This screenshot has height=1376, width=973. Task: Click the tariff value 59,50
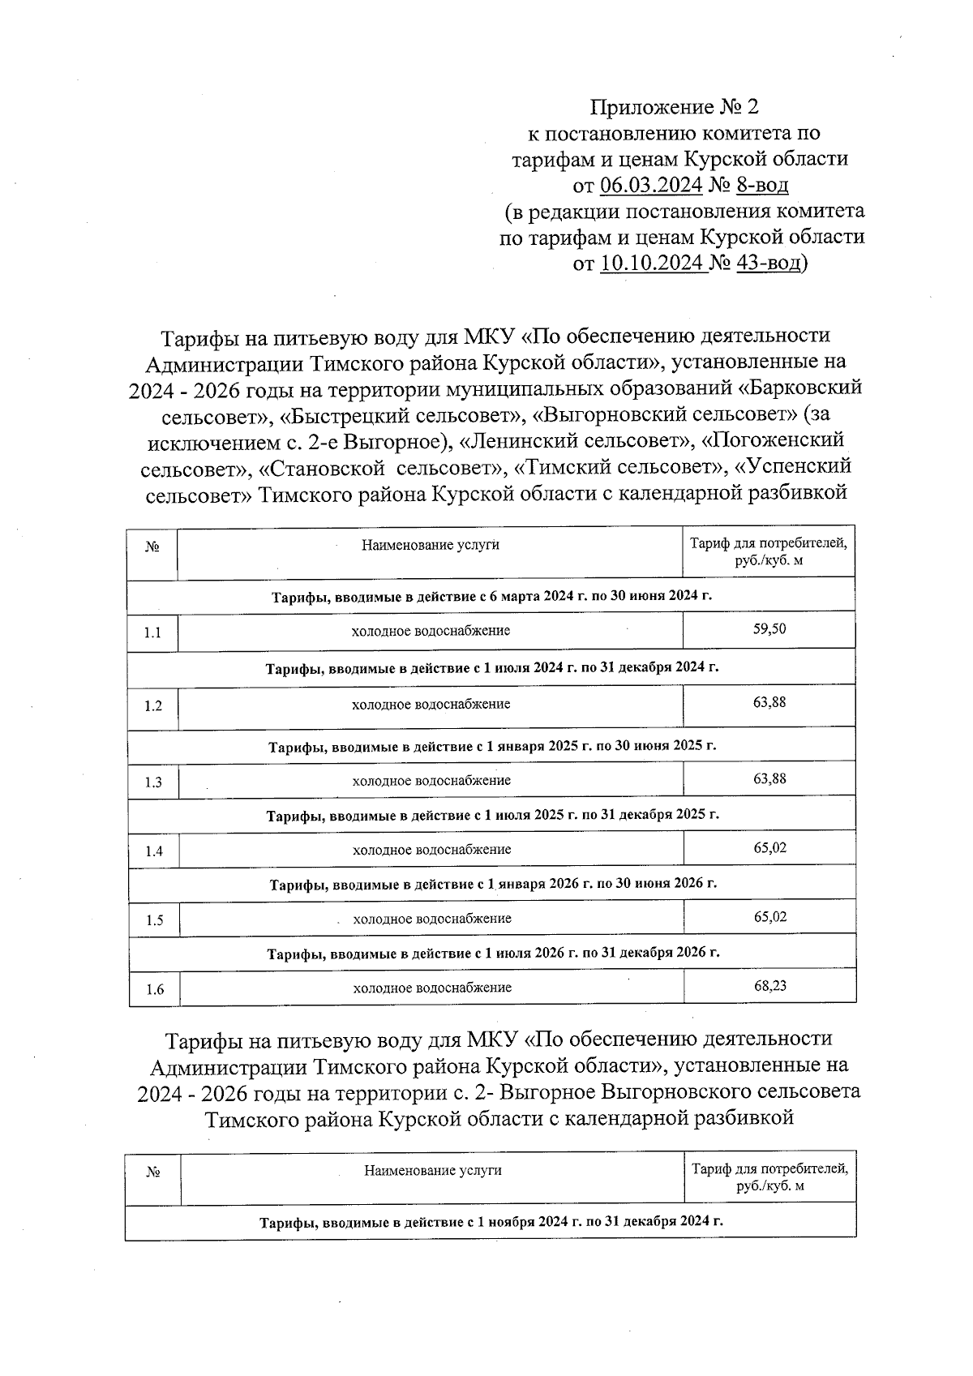tap(769, 629)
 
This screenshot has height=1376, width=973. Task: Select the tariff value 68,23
tap(769, 986)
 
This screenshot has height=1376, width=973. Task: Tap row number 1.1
tap(152, 632)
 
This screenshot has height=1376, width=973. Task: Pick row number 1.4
tap(154, 851)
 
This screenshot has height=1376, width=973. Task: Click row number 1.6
tap(155, 989)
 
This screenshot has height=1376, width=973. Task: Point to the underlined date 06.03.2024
tap(651, 185)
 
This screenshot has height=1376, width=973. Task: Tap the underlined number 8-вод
tap(761, 185)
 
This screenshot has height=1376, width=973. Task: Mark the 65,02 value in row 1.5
tap(769, 917)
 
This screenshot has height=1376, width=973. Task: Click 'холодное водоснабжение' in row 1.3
tap(431, 781)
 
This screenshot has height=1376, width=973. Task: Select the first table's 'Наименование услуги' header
tap(430, 545)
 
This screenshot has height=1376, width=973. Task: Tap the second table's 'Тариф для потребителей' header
tap(769, 1177)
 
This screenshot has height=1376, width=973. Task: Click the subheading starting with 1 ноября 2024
tap(491, 1221)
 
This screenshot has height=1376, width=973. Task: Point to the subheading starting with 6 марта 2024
tap(491, 596)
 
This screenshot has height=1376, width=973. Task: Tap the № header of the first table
tap(152, 547)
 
